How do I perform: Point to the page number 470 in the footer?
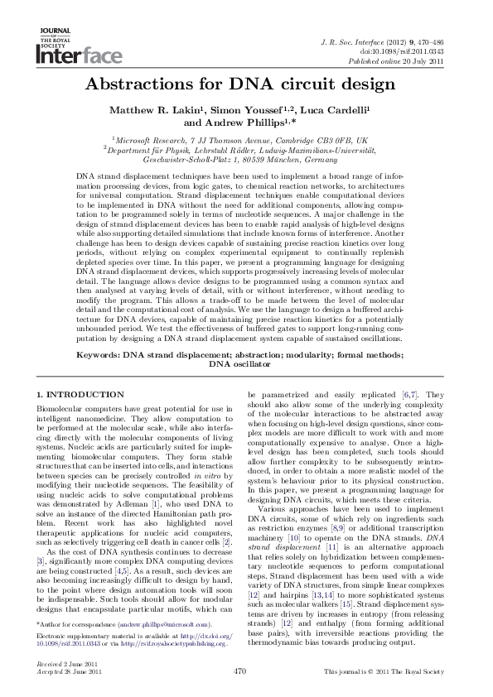click(241, 670)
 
